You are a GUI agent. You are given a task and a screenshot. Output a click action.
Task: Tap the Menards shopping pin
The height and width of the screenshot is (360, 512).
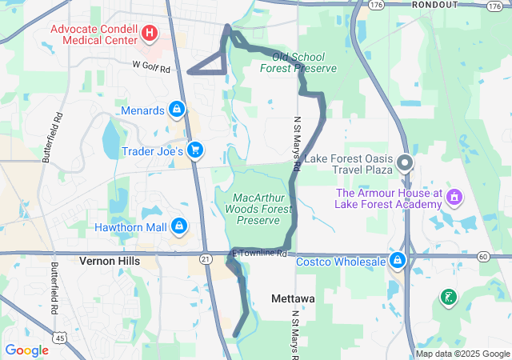(x=177, y=110)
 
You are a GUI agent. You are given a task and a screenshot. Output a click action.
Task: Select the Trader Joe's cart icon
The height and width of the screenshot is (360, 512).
(x=195, y=150)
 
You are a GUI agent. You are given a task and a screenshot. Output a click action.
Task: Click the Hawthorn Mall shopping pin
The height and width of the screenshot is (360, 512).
(x=179, y=227)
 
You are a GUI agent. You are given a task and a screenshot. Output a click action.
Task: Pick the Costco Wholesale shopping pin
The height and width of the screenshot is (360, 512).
(x=397, y=261)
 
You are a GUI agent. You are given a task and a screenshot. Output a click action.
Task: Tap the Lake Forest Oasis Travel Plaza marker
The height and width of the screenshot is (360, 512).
(x=405, y=164)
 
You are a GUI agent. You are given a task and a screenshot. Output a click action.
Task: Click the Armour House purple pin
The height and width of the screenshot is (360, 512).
(x=454, y=196)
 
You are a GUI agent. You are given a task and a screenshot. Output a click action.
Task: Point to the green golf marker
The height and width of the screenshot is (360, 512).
(x=448, y=298)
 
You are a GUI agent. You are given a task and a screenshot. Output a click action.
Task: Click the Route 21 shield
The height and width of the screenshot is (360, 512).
(x=206, y=258)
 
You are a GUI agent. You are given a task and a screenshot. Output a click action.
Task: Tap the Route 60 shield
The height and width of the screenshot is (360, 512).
(x=483, y=256)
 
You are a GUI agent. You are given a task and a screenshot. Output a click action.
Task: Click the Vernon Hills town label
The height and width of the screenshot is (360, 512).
(x=110, y=262)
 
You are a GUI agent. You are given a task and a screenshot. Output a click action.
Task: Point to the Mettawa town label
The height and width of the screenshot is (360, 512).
(x=293, y=298)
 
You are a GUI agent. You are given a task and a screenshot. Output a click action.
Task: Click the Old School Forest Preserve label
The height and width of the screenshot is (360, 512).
(x=298, y=62)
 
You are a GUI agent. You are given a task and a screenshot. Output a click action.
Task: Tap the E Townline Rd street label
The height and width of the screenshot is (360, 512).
(x=259, y=254)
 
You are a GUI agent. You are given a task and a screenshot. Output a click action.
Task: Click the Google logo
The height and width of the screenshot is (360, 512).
(x=26, y=350)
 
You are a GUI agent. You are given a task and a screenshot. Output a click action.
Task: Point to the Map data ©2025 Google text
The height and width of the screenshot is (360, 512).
(x=462, y=354)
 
